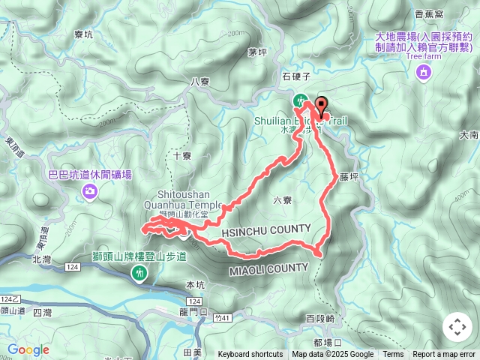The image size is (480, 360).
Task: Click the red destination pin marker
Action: (x=322, y=107)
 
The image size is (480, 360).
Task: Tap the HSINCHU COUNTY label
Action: (x=266, y=229)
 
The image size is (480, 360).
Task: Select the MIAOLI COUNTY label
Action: (x=268, y=268)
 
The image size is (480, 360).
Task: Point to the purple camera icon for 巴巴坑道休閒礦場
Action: (x=90, y=192)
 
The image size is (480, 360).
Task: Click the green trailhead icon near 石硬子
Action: (x=300, y=99)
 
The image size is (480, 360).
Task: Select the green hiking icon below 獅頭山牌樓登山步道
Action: (x=140, y=274)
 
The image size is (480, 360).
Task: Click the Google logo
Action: (x=28, y=349)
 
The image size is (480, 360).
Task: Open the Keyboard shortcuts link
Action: (x=250, y=355)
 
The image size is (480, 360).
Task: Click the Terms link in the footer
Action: (x=393, y=355)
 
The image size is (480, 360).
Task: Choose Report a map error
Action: (x=444, y=355)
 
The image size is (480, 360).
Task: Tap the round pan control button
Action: (x=457, y=327)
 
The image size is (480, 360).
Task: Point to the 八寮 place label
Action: (x=200, y=82)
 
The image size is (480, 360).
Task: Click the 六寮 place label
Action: (x=283, y=199)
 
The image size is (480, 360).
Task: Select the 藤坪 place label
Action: (x=349, y=178)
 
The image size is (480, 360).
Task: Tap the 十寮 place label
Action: (x=182, y=156)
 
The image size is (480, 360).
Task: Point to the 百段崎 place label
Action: (x=320, y=319)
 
